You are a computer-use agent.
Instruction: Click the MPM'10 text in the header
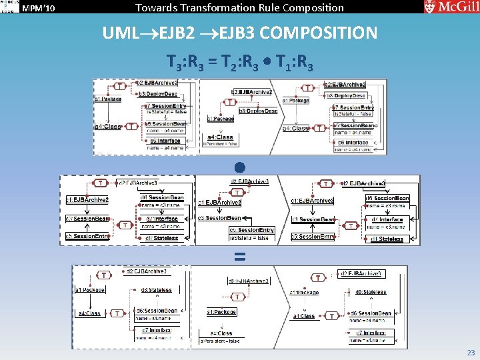click(39, 8)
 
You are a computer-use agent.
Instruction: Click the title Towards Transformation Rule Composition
click(239, 8)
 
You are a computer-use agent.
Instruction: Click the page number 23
click(471, 353)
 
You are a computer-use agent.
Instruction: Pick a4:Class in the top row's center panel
click(220, 137)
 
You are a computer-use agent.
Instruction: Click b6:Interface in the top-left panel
click(166, 141)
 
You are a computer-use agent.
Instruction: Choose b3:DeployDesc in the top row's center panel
click(258, 111)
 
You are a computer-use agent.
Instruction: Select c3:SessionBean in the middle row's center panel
click(220, 218)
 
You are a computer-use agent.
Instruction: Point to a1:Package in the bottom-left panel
click(89, 290)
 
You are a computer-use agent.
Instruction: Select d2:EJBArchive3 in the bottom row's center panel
click(249, 281)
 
